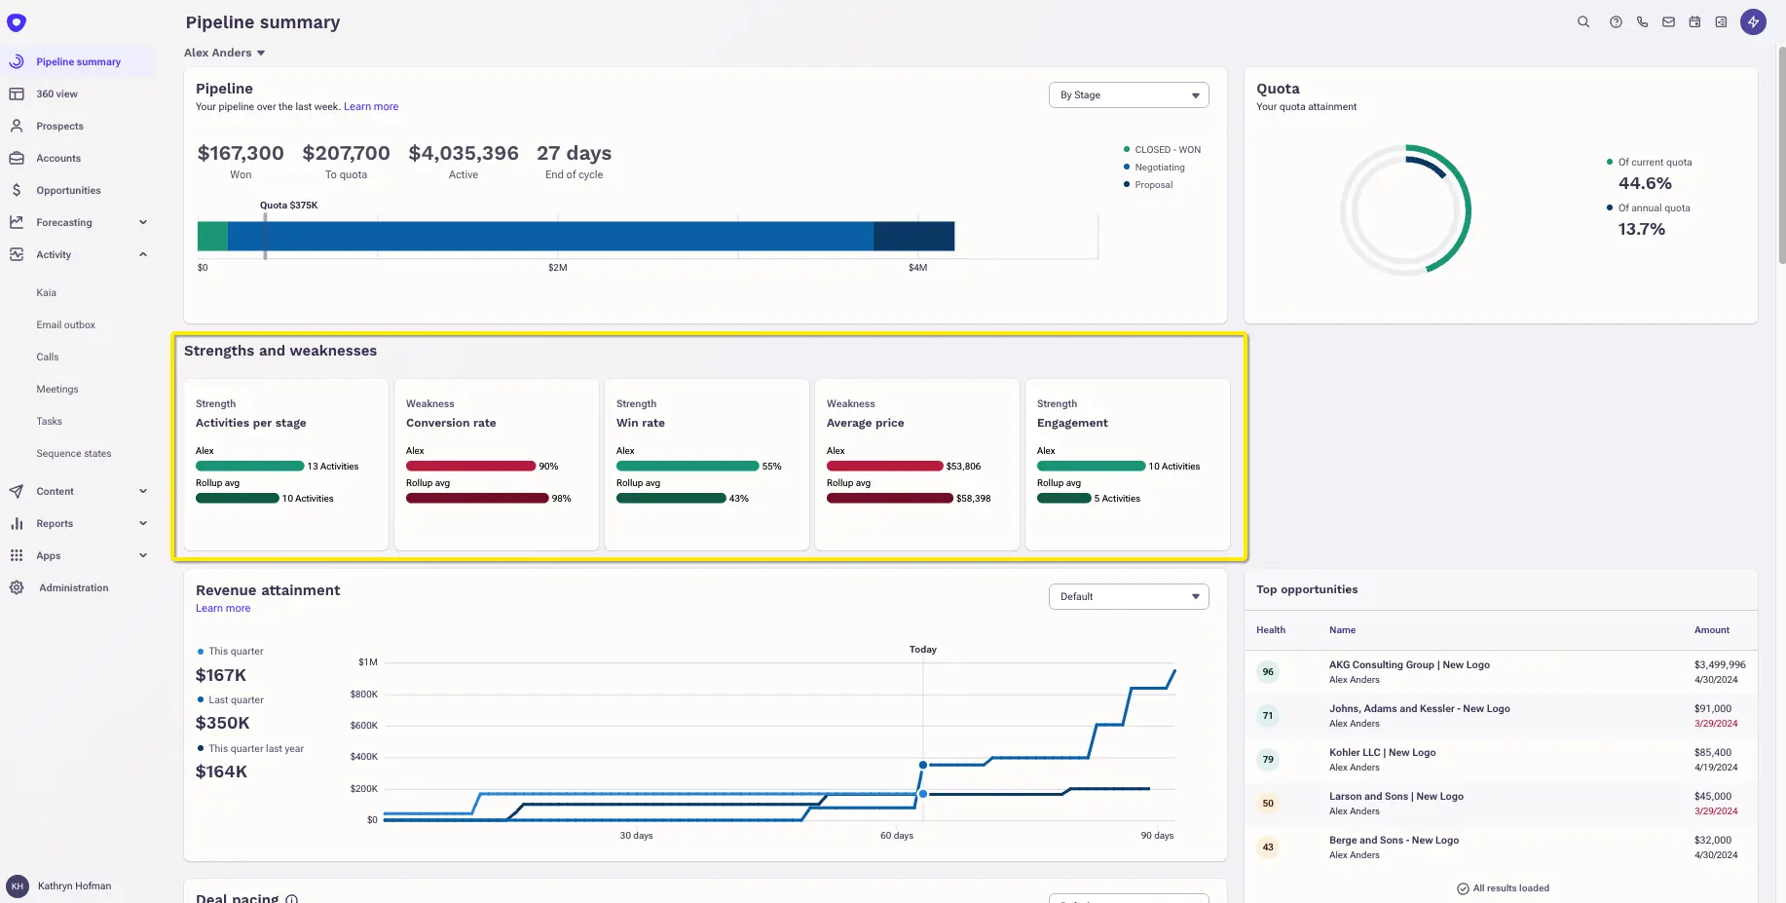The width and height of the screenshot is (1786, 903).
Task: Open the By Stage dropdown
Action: (x=1128, y=95)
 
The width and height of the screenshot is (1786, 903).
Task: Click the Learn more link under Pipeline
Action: (x=370, y=107)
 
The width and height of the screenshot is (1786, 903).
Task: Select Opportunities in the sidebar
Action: (x=68, y=191)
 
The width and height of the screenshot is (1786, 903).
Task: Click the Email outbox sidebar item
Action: (x=65, y=325)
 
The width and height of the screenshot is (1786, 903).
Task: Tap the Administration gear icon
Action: (x=17, y=588)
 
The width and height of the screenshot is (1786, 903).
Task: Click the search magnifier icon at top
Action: (x=1583, y=22)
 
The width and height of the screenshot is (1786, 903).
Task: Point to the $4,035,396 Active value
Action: (x=464, y=154)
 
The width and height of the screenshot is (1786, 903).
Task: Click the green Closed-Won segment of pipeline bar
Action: (x=212, y=237)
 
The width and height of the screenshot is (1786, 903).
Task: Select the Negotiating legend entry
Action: (x=1159, y=168)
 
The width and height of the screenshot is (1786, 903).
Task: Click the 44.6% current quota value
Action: (x=1645, y=184)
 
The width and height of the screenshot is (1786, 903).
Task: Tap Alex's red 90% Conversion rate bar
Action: (x=470, y=467)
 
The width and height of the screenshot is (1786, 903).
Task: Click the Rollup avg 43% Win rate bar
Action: (x=671, y=499)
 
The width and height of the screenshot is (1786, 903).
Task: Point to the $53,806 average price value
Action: (x=963, y=467)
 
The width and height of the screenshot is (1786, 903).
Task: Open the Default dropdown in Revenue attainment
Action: (x=1128, y=597)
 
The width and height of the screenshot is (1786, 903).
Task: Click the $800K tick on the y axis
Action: (x=363, y=695)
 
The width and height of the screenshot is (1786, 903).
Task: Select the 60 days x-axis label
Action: (x=896, y=836)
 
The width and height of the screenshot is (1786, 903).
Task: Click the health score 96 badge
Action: (x=1268, y=672)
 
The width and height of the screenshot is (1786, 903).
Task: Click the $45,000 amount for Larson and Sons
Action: (x=1712, y=797)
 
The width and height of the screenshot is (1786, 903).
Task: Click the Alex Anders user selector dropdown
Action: (x=225, y=53)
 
